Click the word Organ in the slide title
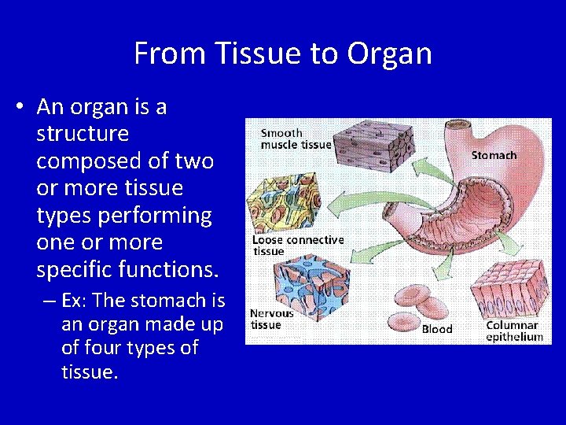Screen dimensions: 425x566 tap(390, 54)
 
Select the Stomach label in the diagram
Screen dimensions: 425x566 tap(494, 155)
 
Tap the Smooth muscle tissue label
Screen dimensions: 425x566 tap(296, 139)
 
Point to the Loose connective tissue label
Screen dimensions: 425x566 tap(297, 246)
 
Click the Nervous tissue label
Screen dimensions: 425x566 tap(272, 319)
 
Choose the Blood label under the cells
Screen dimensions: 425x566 tap(437, 329)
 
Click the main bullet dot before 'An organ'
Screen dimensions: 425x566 tap(19, 107)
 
